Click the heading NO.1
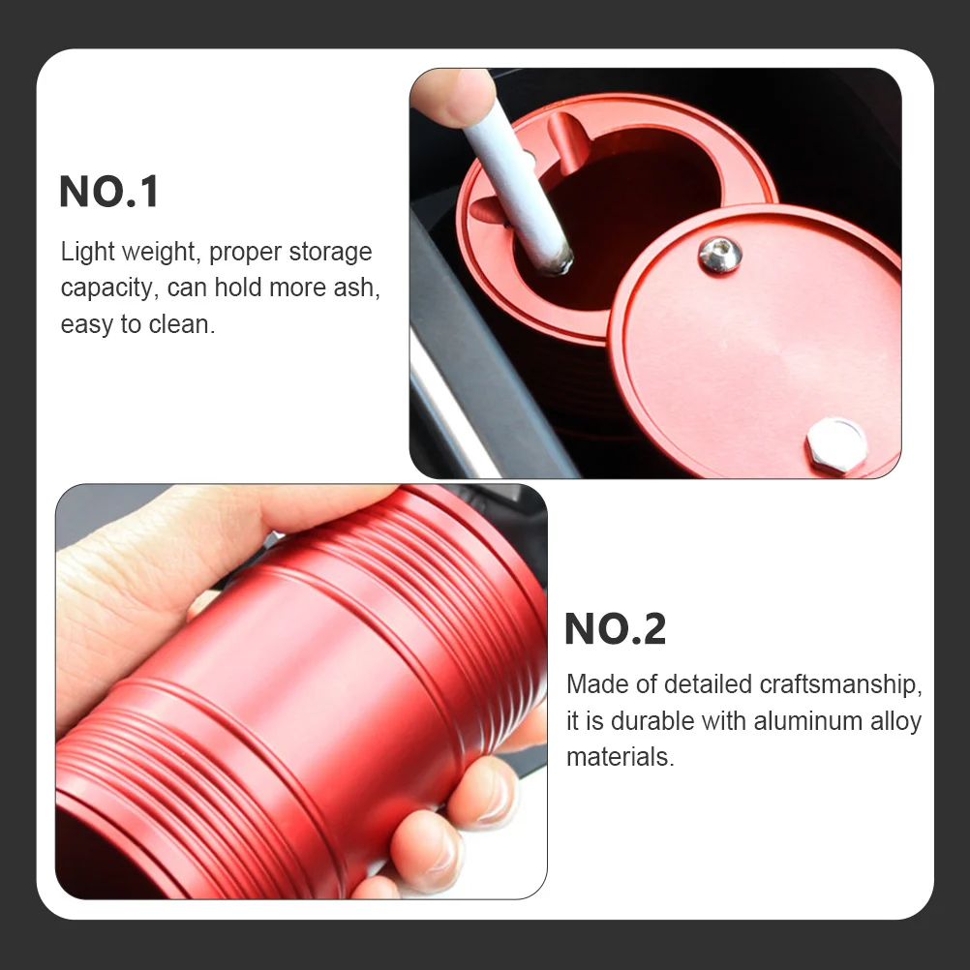click(x=108, y=192)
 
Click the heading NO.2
click(x=615, y=629)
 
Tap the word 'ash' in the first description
click(x=354, y=288)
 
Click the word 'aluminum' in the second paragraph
click(x=807, y=721)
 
